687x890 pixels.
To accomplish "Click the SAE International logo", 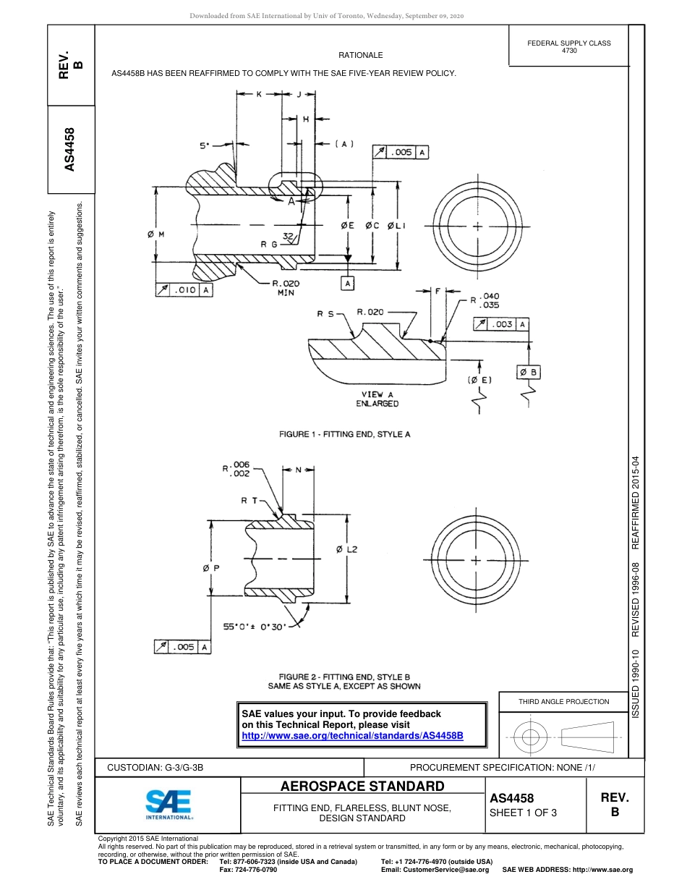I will point(168,803).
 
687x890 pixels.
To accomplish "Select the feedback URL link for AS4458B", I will point(352,735).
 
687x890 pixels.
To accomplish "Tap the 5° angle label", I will point(205,145).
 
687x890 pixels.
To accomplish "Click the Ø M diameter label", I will point(155,234).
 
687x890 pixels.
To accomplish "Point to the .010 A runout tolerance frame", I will point(184,290).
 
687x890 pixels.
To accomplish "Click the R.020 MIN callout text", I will point(285,288).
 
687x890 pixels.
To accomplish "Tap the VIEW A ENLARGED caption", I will point(377,399).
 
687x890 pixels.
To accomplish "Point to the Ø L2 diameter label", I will point(347,550).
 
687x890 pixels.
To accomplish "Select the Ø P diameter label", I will point(211,568).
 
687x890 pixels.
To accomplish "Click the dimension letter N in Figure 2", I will point(299,470).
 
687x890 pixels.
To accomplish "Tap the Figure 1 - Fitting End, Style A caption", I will point(345,434).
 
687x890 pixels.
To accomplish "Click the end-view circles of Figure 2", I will point(476,561).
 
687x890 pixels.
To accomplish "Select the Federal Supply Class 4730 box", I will point(568,47).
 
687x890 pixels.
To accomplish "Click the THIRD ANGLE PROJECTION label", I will point(563,701).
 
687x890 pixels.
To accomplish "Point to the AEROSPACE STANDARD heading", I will point(362,786).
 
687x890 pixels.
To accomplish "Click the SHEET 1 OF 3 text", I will point(524,812).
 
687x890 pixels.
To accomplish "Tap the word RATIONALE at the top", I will point(360,55).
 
